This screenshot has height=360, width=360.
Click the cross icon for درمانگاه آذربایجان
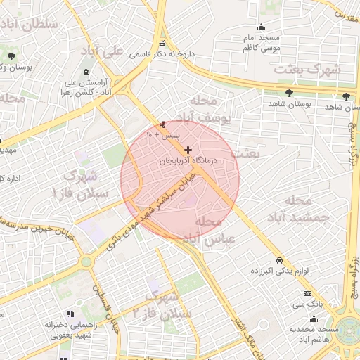point(188,150)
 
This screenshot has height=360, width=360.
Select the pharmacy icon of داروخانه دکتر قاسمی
point(162,44)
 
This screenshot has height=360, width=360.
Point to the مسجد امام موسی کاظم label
point(261,43)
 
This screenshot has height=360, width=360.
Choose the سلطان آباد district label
point(29,25)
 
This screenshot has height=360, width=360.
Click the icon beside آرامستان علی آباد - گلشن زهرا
point(86,73)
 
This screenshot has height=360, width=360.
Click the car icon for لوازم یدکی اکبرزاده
point(279,259)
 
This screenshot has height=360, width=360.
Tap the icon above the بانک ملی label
point(307,293)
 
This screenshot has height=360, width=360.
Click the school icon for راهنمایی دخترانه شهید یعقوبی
point(69,314)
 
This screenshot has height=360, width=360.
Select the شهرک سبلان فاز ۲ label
point(162,307)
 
